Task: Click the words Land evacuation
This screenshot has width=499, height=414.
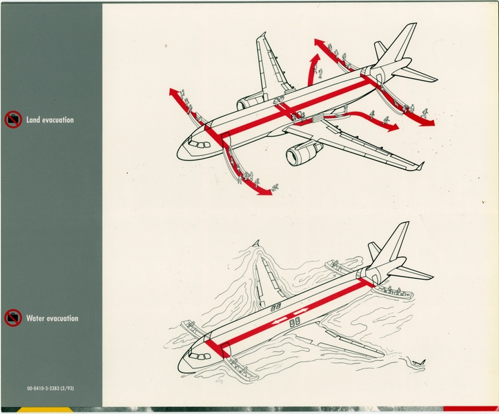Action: [x=50, y=120]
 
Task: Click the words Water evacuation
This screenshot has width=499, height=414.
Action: [x=52, y=319]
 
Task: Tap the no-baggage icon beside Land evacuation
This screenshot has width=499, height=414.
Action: [x=12, y=120]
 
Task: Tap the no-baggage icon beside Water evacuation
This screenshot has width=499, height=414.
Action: [x=12, y=319]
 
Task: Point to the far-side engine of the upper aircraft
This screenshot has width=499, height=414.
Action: [x=251, y=103]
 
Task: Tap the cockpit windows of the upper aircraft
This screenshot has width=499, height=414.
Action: [x=199, y=144]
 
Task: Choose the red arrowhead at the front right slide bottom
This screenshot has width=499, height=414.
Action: [x=265, y=193]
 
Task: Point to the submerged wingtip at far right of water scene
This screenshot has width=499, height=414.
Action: [x=418, y=361]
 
